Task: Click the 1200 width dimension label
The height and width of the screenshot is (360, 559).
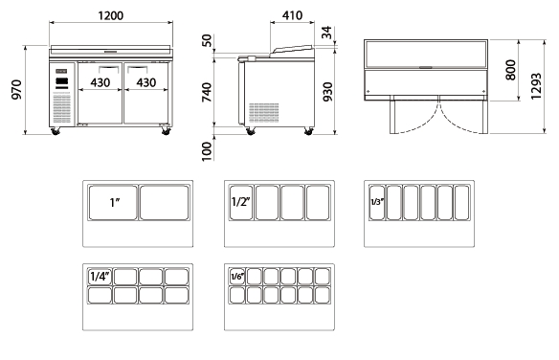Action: (110, 15)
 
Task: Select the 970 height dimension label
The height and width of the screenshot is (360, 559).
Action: (16, 89)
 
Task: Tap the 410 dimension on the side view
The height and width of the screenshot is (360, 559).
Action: (292, 15)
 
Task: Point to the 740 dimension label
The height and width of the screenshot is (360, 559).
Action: (207, 92)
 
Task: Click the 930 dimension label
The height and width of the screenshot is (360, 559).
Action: (327, 92)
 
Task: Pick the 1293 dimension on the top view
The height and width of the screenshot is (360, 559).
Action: (536, 86)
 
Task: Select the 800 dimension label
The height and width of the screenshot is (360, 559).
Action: (510, 70)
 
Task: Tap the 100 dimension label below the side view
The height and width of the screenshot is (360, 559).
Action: (207, 151)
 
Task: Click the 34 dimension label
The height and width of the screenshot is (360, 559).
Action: (326, 33)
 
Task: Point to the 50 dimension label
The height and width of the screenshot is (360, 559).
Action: (207, 40)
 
